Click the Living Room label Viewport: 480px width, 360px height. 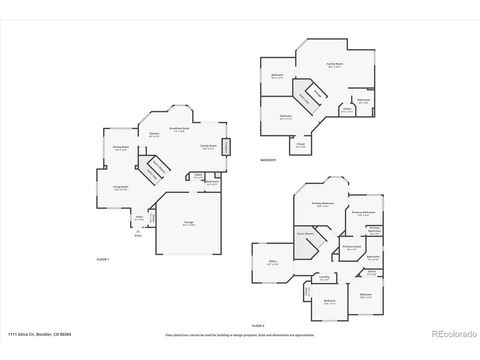pyautogui.click(x=120, y=187)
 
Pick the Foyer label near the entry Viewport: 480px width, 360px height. pyautogui.click(x=140, y=217)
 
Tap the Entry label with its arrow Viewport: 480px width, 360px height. pyautogui.click(x=136, y=234)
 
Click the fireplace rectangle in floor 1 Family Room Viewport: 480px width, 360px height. pyautogui.click(x=224, y=148)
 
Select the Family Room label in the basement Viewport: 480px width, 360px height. pyautogui.click(x=334, y=66)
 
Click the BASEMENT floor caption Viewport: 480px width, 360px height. pyautogui.click(x=267, y=160)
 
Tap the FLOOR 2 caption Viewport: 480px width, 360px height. pyautogui.click(x=258, y=326)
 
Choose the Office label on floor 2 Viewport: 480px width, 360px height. pyautogui.click(x=272, y=262)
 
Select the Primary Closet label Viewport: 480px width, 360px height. pyautogui.click(x=352, y=246)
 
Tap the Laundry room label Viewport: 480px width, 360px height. pyautogui.click(x=324, y=278)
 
